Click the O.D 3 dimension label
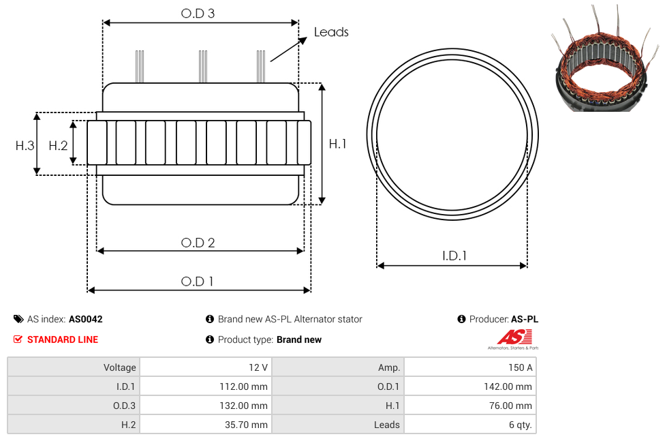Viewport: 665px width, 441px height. (x=198, y=14)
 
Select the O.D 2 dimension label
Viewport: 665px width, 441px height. (x=198, y=243)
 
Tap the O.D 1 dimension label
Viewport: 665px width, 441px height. (x=197, y=282)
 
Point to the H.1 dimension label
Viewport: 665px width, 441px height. (x=337, y=144)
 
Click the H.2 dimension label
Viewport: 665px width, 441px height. (x=58, y=146)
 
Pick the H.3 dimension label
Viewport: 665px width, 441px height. (x=25, y=146)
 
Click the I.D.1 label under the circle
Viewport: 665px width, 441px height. (x=454, y=256)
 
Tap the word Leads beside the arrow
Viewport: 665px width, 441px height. (x=331, y=32)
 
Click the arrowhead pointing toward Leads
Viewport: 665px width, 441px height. (x=303, y=40)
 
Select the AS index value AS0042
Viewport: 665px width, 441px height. (x=86, y=319)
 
